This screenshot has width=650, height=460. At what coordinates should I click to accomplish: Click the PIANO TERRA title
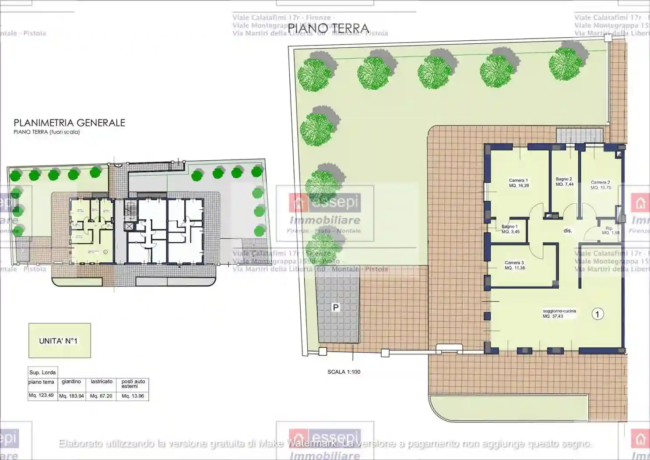[328, 28]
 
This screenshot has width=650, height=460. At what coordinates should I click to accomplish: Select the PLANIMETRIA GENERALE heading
[69, 123]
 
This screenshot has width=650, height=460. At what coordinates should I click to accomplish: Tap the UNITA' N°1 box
[60, 341]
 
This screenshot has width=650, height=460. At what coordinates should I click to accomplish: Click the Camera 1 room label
[519, 183]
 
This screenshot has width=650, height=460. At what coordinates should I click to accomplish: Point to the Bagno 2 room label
[564, 181]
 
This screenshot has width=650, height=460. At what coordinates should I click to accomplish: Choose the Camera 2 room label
[601, 185]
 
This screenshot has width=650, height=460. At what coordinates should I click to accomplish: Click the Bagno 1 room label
[510, 229]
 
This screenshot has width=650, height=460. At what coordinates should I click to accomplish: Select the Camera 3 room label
[514, 265]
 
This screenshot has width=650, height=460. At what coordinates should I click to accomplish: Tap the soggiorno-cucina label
[559, 313]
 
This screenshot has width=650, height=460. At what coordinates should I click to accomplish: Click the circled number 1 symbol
[597, 314]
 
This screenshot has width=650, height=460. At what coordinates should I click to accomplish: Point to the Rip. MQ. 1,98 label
[610, 230]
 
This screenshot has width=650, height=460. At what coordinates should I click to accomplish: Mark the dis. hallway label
[568, 230]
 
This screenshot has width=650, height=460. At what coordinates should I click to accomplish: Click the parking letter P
[336, 308]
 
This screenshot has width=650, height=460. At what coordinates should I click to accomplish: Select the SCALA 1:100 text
[344, 372]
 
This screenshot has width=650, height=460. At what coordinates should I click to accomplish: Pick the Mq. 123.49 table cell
[41, 395]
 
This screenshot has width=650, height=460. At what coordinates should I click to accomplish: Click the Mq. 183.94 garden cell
[71, 396]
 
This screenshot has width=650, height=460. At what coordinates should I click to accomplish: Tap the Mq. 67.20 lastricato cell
[101, 396]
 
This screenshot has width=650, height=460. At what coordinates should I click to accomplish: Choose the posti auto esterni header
[133, 384]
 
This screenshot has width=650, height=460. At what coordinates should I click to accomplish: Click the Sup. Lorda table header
[42, 372]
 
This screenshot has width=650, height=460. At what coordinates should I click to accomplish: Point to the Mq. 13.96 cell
[133, 396]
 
